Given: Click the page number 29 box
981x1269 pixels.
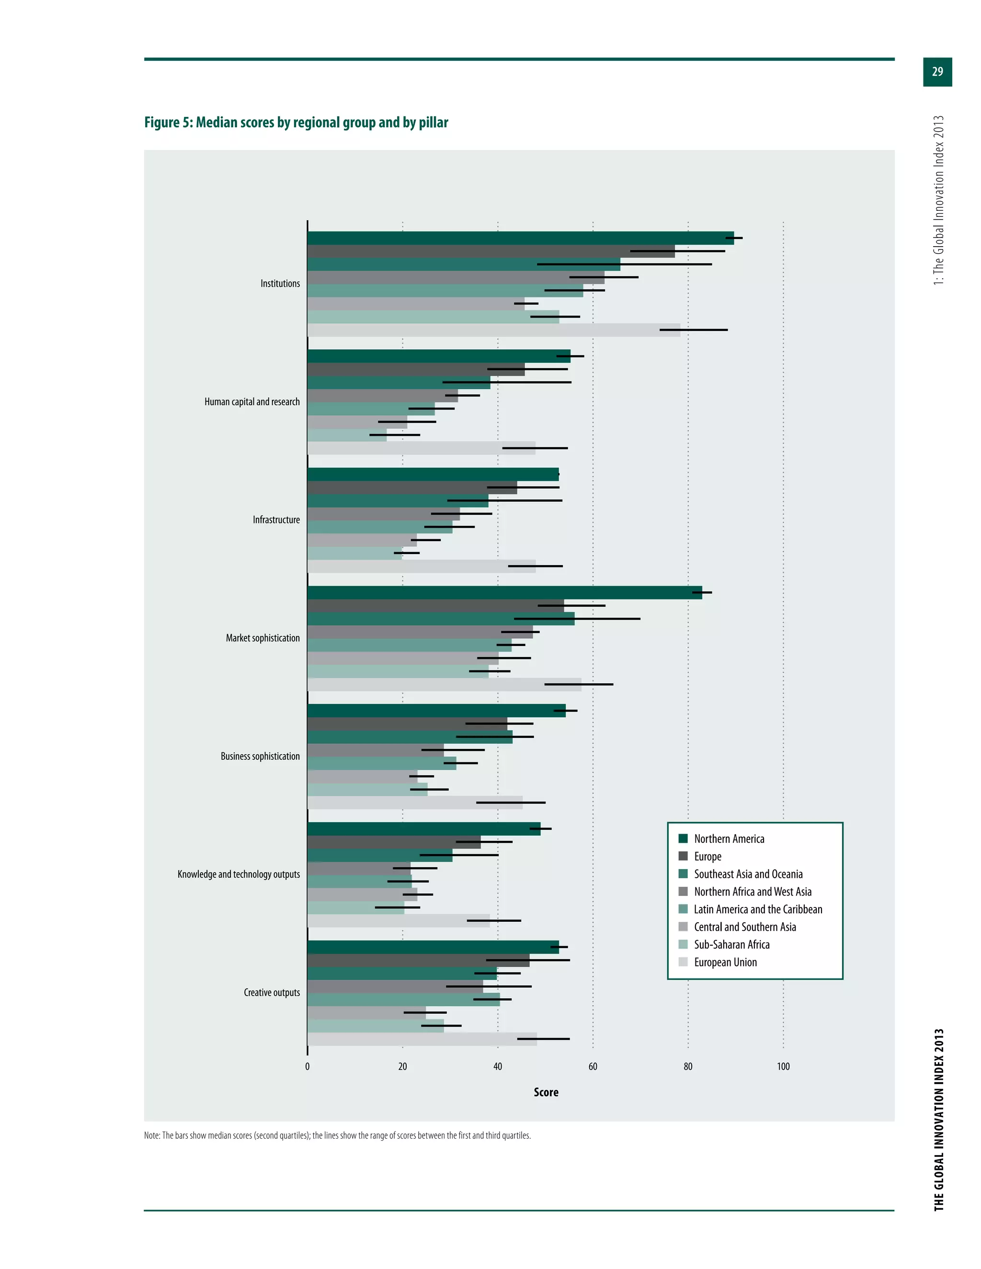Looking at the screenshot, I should (x=937, y=71).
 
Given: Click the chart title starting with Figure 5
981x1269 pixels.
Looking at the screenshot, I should (x=296, y=123).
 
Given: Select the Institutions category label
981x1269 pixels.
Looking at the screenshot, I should (x=280, y=283).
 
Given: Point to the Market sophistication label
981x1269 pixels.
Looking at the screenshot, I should (x=262, y=638).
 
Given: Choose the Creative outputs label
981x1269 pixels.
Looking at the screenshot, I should (x=272, y=992).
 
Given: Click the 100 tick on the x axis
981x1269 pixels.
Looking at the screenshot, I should (x=783, y=1066).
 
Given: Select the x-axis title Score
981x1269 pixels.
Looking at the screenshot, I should (x=546, y=1092).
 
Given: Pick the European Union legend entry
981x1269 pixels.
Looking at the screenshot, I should (x=725, y=962).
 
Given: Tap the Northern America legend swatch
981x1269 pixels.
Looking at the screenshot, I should (x=683, y=838).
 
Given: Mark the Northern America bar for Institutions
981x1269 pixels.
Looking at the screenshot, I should (x=520, y=238).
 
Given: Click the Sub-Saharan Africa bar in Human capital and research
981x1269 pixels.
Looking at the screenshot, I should (x=346, y=435).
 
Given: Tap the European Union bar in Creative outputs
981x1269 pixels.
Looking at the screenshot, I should (x=422, y=1039).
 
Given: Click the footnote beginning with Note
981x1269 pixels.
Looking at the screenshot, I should (x=337, y=1135).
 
